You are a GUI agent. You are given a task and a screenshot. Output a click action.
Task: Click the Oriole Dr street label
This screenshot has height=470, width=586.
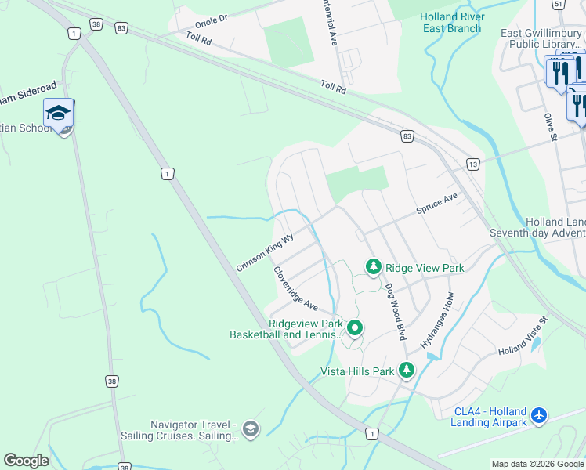tap(207, 18)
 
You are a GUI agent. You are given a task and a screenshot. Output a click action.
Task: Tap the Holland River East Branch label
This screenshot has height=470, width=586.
tap(452, 23)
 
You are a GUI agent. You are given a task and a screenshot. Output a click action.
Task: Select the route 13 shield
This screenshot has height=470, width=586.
tap(472, 164)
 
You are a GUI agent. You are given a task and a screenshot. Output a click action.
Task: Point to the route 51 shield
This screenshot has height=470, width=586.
tap(558, 4)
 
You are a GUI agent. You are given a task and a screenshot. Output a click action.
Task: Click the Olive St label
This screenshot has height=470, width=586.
tap(550, 126)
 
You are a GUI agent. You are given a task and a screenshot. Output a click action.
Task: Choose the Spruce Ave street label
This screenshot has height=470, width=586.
tap(436, 205)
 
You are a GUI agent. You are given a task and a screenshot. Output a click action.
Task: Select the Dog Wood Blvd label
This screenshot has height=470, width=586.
tap(396, 310)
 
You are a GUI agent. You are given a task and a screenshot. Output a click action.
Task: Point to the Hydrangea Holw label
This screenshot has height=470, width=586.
tap(436, 320)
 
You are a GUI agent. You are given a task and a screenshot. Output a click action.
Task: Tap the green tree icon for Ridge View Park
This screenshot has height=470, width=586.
tap(374, 267)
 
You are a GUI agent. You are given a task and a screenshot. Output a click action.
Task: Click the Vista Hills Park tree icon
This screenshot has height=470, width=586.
tap(406, 370)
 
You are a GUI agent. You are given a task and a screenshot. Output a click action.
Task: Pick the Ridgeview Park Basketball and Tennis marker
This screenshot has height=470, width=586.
tap(354, 327)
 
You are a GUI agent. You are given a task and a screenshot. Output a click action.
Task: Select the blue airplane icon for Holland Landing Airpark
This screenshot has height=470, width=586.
tap(538, 415)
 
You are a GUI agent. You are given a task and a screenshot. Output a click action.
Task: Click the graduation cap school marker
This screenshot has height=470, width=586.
tap(58, 114)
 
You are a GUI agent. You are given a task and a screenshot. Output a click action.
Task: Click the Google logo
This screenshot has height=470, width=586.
tap(26, 461)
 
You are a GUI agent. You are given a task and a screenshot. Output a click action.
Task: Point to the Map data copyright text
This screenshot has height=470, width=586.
tap(537, 464)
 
